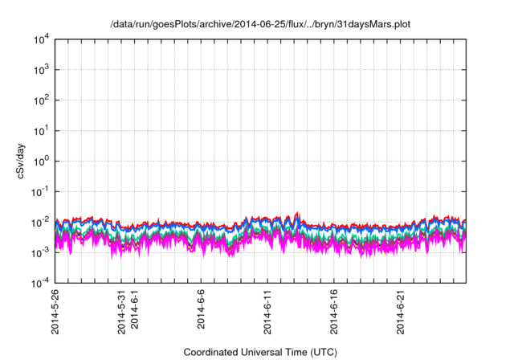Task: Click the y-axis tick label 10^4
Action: (42, 39)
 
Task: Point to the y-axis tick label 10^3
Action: (42, 69)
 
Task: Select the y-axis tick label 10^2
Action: (42, 100)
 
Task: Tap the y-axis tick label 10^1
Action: (42, 130)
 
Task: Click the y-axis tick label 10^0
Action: (42, 161)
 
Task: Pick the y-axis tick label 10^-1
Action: (41, 191)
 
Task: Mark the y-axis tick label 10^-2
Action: (41, 222)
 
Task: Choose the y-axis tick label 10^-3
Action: (41, 252)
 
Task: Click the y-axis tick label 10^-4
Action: (41, 282)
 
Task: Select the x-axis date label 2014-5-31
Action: (123, 313)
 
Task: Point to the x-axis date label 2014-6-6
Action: (202, 310)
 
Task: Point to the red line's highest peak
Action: (298, 213)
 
